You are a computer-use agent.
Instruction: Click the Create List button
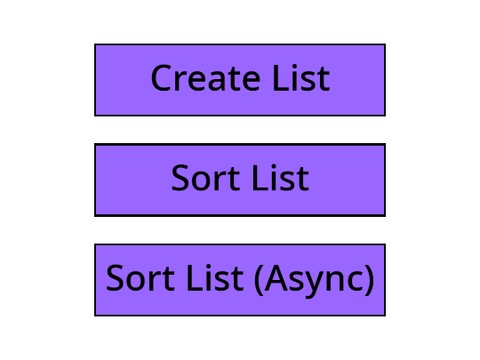pyautogui.click(x=240, y=80)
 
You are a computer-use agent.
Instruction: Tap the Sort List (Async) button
pyautogui.click(x=240, y=280)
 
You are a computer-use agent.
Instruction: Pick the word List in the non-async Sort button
pyautogui.click(x=281, y=178)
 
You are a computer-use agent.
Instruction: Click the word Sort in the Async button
pyautogui.click(x=140, y=278)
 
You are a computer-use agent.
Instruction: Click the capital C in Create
pyautogui.click(x=162, y=78)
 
